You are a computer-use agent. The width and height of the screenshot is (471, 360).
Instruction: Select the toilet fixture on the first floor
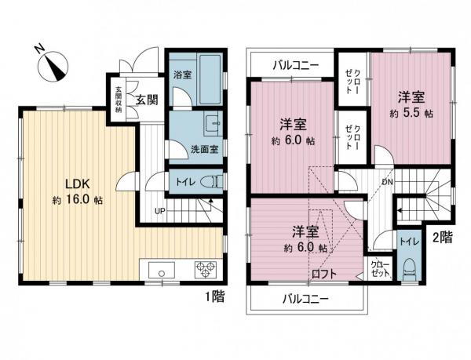(x=208, y=182)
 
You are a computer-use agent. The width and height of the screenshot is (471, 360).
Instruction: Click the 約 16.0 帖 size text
(x=78, y=200)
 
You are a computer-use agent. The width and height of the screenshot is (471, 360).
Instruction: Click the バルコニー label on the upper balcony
(x=295, y=65)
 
